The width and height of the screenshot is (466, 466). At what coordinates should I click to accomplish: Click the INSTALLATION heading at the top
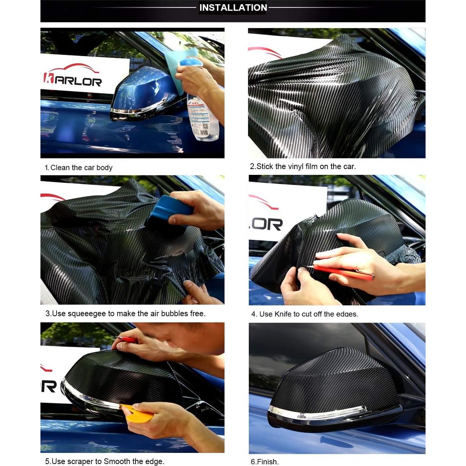233,8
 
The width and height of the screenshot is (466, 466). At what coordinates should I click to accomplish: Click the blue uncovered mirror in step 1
139,92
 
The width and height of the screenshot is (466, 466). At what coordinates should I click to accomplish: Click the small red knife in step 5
125,339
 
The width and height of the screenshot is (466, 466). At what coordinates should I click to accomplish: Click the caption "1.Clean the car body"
79,168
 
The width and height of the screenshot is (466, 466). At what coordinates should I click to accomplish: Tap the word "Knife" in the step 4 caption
283,314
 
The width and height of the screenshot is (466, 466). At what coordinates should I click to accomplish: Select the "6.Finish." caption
265,462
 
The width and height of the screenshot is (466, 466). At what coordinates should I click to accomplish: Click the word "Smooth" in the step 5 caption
117,461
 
